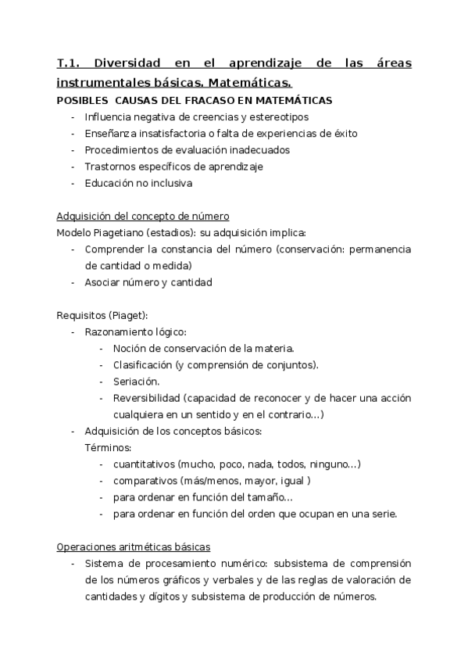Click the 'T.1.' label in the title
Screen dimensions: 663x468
click(x=71, y=63)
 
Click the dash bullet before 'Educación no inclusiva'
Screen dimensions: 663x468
click(x=73, y=183)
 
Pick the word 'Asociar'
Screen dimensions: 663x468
click(x=103, y=282)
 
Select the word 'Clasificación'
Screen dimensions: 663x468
click(x=142, y=365)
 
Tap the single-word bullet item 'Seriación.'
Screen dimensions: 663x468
click(x=137, y=382)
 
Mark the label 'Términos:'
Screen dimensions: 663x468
click(x=107, y=447)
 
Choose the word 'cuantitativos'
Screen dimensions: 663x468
click(x=144, y=464)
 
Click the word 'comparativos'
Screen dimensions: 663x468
click(x=145, y=481)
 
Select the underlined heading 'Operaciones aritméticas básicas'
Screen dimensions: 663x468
click(x=134, y=547)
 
